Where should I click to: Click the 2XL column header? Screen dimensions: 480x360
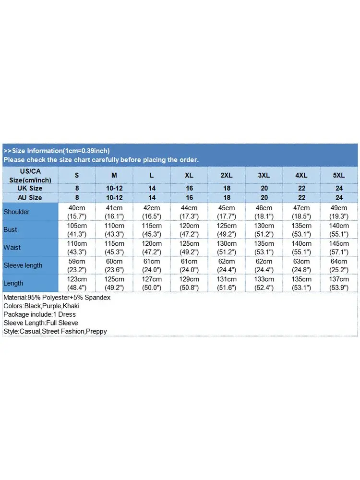(x=227, y=175)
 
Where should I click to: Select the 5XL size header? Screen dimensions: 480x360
(x=339, y=175)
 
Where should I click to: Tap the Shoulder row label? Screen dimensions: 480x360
(x=16, y=212)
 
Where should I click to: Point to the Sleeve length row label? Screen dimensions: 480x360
(x=23, y=265)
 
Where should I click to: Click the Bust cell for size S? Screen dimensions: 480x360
(x=77, y=229)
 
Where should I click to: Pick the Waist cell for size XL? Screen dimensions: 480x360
(x=189, y=248)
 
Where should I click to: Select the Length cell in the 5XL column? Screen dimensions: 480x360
(x=339, y=283)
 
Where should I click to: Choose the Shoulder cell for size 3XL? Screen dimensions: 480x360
(x=264, y=212)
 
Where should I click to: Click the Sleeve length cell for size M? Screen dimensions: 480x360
(x=114, y=265)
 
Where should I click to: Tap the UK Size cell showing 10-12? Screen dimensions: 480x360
(x=114, y=188)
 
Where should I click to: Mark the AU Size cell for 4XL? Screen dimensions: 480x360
(x=301, y=197)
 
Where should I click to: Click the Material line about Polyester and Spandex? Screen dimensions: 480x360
(x=57, y=298)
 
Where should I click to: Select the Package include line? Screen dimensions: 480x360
(x=39, y=314)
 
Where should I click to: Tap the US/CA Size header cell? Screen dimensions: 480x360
(x=30, y=175)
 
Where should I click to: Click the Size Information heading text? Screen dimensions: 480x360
(x=57, y=151)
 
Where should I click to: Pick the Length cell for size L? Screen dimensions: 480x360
(x=152, y=283)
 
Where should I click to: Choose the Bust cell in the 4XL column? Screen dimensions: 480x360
(x=301, y=229)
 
